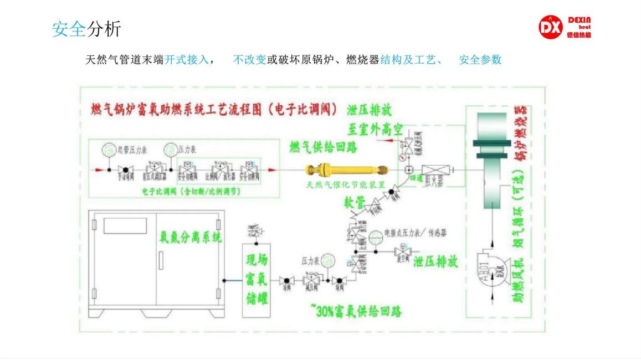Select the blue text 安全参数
click(x=480, y=59)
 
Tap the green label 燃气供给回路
click(x=323, y=147)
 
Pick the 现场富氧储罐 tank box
click(x=257, y=280)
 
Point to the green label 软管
click(x=355, y=202)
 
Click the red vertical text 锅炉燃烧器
click(x=520, y=135)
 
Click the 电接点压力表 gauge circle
click(x=375, y=236)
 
